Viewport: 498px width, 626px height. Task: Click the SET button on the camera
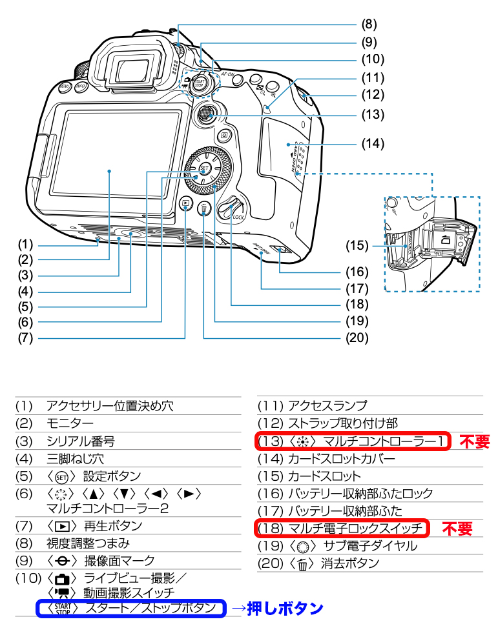204,168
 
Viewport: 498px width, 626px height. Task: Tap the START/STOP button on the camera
199,84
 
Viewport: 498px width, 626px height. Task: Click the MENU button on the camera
65,86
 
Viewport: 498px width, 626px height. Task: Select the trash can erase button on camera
204,208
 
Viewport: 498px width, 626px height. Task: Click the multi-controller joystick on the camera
205,115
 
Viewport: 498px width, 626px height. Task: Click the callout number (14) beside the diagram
373,144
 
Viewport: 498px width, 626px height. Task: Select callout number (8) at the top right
369,25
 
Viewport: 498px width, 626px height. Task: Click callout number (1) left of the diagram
25,245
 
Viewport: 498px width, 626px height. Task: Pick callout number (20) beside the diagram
357,338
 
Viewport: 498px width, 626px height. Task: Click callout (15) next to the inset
357,245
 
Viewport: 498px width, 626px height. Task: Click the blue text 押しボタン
285,609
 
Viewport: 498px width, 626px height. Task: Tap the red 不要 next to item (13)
474,442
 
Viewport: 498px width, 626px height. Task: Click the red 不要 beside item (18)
457,529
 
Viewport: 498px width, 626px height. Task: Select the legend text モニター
70,423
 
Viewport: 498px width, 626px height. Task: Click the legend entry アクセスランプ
327,406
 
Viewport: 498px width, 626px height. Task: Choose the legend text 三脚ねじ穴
75,459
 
